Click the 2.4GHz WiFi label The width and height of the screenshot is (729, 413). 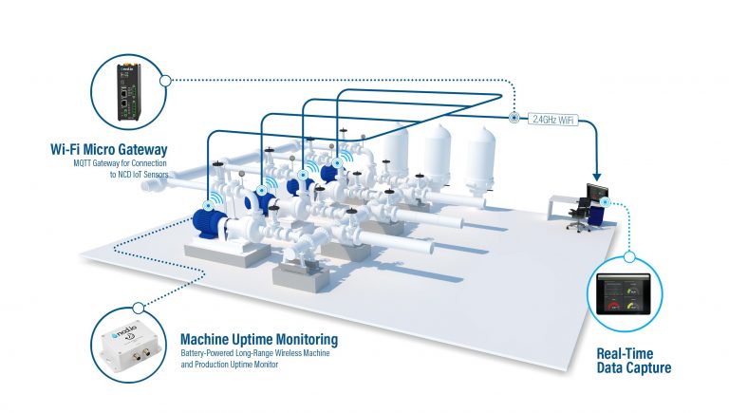[x=553, y=119]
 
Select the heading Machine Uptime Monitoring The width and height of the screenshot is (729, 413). [x=258, y=339]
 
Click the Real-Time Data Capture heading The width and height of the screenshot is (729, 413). [x=634, y=361]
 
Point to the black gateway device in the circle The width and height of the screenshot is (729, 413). [x=127, y=89]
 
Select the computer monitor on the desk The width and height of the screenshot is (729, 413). [x=598, y=193]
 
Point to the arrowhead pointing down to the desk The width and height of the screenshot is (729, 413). [x=597, y=176]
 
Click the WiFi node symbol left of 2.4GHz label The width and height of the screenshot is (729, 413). [x=514, y=119]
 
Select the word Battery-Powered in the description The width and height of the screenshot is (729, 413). [x=210, y=354]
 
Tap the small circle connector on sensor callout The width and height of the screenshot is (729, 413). [x=140, y=308]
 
